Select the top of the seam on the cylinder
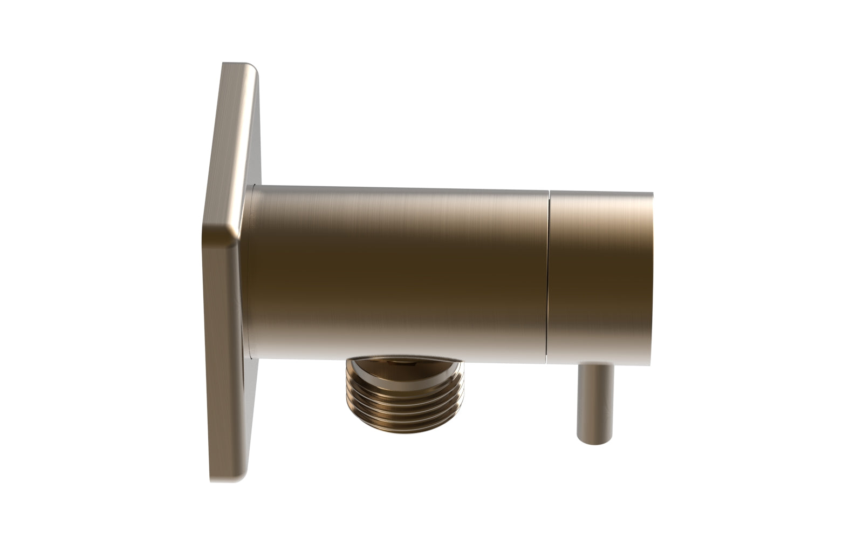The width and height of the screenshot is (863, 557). [x=551, y=190]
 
